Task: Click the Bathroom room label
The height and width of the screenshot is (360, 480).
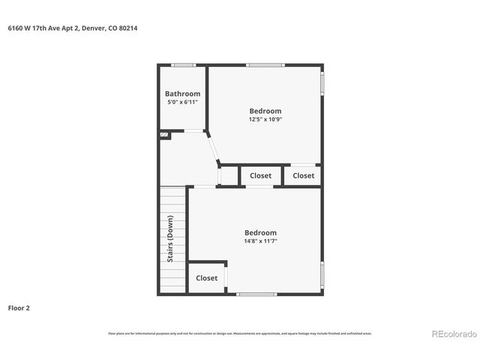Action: click(182, 94)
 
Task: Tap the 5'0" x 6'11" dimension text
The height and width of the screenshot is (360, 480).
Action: click(182, 102)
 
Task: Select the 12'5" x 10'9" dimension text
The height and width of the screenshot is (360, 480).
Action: click(265, 118)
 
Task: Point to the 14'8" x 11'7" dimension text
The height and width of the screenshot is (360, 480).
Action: click(260, 241)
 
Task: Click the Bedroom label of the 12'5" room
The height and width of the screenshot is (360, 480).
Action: click(265, 111)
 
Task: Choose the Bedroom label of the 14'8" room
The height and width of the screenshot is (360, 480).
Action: click(260, 232)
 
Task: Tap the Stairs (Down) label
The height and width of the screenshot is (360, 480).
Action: click(171, 238)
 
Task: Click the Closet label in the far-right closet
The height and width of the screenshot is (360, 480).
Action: click(304, 175)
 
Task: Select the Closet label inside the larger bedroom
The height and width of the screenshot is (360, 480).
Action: click(206, 277)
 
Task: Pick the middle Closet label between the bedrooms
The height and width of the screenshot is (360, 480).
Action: click(260, 175)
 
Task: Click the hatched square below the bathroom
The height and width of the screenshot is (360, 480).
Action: click(163, 135)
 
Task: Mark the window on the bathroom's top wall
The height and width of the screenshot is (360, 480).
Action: click(183, 65)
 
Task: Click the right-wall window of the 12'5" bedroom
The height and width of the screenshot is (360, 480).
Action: click(322, 83)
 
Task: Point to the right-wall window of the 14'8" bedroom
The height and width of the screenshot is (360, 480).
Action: click(322, 275)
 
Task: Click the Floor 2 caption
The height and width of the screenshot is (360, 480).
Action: click(19, 307)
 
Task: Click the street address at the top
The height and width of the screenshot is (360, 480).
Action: click(72, 28)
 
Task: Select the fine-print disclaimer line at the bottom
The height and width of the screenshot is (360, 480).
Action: click(240, 334)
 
